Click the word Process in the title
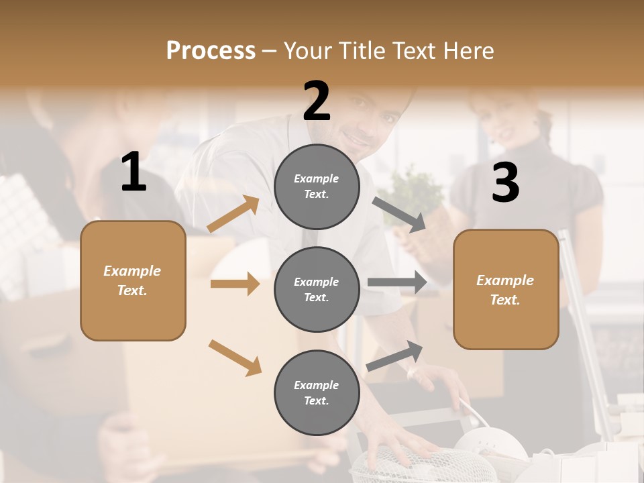click(x=211, y=50)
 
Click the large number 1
click(x=133, y=172)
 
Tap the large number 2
click(x=317, y=101)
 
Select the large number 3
click(x=505, y=182)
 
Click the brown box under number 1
click(x=133, y=280)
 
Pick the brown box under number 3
click(x=506, y=289)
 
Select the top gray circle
click(x=317, y=186)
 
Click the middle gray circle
click(x=317, y=289)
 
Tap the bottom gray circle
click(x=317, y=392)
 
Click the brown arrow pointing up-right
click(x=233, y=214)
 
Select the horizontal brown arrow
click(x=235, y=284)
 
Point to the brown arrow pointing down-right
click(x=235, y=358)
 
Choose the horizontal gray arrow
click(x=397, y=282)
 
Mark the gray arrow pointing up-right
click(x=395, y=356)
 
